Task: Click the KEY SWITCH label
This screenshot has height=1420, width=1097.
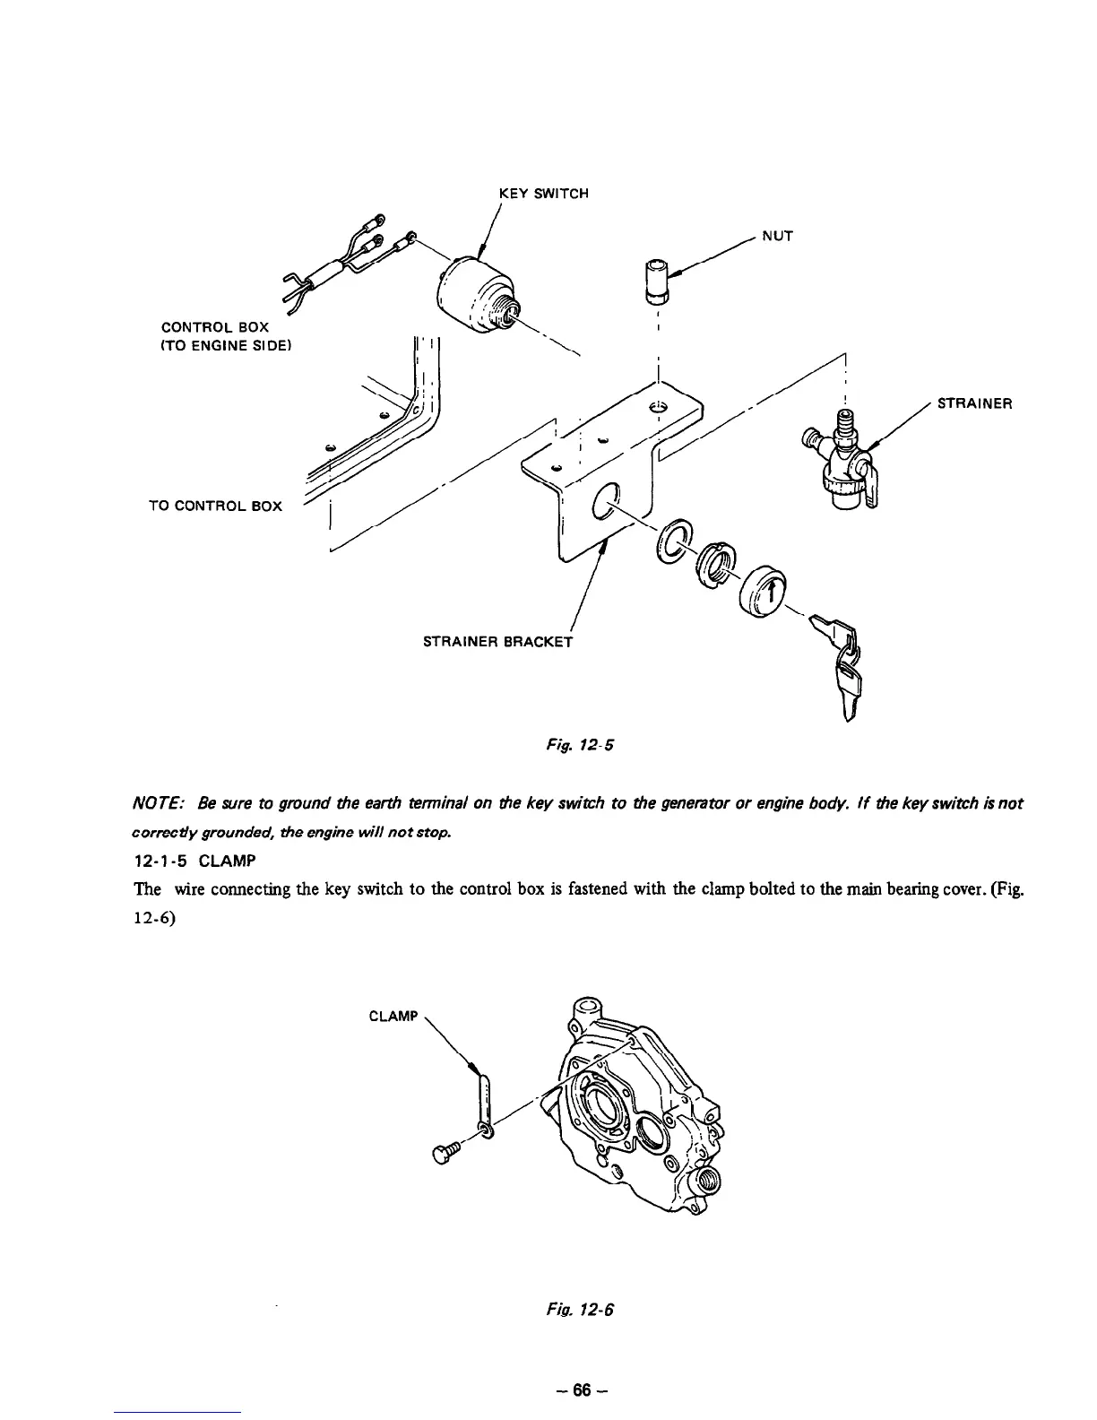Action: tap(543, 194)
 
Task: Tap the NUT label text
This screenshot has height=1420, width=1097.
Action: tap(777, 237)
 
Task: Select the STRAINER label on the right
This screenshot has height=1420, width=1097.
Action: tap(974, 403)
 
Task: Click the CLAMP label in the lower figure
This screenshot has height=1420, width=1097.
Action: tap(393, 1017)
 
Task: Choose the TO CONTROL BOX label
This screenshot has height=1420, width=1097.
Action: tap(215, 507)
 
